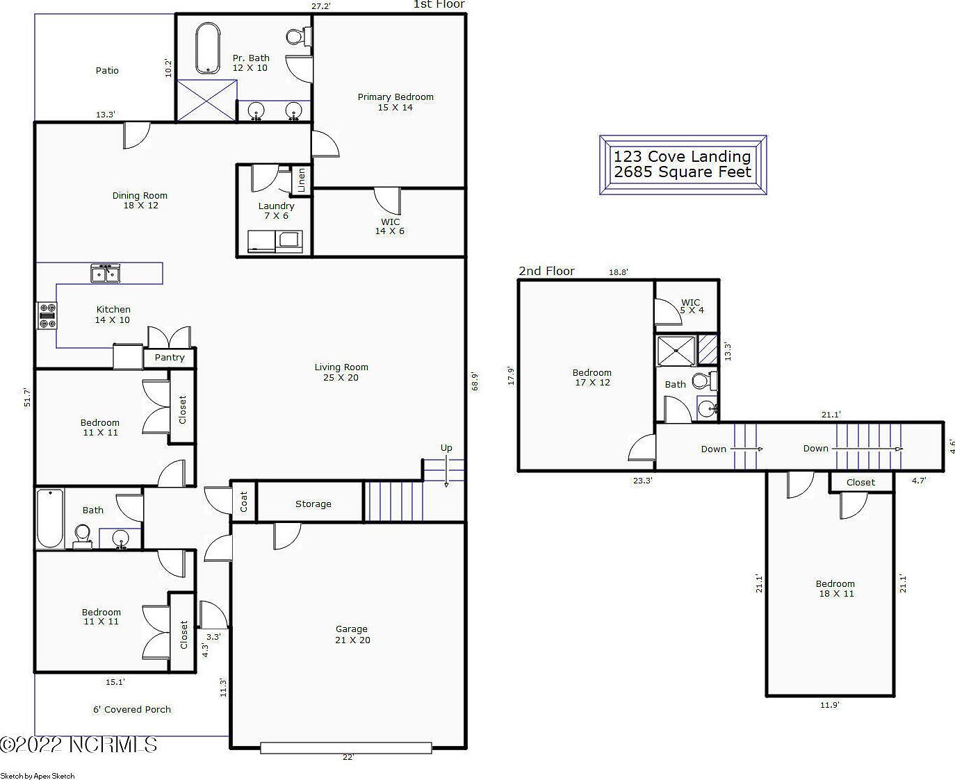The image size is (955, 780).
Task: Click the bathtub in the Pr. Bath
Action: coord(208,49)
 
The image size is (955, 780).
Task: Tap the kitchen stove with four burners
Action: coord(47,315)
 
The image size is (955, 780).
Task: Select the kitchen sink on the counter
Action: coord(105,273)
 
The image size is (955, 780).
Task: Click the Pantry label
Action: coord(170,358)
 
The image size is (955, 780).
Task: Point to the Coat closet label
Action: coord(244,501)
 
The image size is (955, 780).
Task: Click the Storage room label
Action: coord(313,504)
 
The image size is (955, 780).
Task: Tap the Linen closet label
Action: coord(302,180)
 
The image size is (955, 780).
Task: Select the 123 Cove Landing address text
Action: coord(682,156)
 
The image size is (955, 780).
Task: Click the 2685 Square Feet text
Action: coord(682,172)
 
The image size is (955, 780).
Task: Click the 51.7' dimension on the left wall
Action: coord(27,397)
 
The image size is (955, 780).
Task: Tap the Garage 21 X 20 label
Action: coord(352,635)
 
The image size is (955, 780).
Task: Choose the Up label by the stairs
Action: coord(446,447)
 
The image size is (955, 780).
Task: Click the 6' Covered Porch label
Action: coord(132,709)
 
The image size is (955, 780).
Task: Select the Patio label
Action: coord(107,70)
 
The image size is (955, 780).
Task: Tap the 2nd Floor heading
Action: coord(546,271)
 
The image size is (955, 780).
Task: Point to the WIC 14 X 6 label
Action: coord(390,226)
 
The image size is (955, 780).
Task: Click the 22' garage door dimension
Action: coord(348,757)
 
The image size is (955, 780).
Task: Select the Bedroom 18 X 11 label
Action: coord(835,589)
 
